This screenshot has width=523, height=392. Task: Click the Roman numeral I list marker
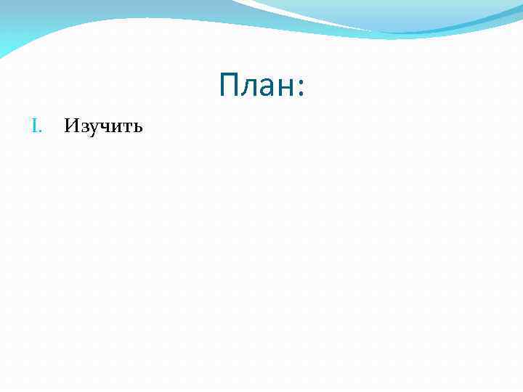[x=34, y=127]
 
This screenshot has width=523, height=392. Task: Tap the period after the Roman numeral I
[x=41, y=131]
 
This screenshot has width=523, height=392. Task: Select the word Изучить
[x=103, y=127]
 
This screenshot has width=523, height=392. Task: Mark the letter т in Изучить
[x=126, y=128]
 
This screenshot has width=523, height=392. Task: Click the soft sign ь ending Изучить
[x=137, y=128]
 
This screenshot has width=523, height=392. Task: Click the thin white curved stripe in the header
[x=305, y=16]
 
